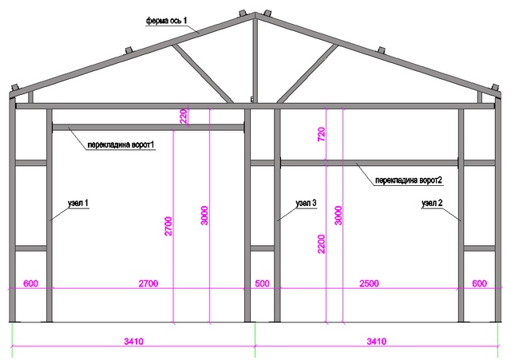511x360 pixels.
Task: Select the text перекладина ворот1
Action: click(x=121, y=145)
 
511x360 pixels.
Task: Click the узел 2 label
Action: click(x=432, y=204)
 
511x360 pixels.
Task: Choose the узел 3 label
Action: click(x=306, y=204)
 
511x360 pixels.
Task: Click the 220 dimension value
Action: click(x=181, y=117)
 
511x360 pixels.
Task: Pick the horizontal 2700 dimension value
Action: click(x=148, y=283)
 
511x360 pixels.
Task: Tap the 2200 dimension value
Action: click(x=322, y=237)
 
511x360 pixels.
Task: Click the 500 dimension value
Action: click(x=263, y=283)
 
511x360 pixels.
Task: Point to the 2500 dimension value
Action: click(x=368, y=283)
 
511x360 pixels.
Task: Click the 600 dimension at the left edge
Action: click(x=30, y=283)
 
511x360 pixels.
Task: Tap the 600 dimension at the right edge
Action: click(x=479, y=283)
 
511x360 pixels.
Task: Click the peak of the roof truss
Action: click(x=255, y=14)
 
